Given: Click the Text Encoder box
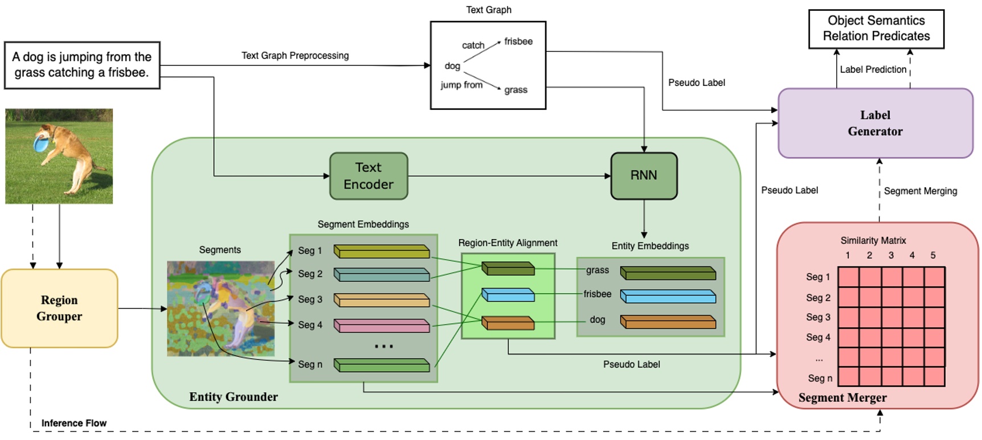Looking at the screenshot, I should pos(369,176).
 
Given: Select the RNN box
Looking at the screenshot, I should pos(644,176).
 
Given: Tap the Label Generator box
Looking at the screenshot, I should pos(875,123).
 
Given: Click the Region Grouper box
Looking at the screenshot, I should pos(59,308).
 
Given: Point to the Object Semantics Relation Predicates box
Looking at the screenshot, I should pos(876,28).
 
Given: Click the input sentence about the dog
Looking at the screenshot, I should pos(82,65).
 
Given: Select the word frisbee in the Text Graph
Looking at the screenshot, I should pos(518,42).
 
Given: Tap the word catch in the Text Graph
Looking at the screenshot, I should pos(473,46).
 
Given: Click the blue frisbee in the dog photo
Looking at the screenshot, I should pos(41,142).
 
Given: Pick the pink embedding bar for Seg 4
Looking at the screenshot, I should pos(382,326).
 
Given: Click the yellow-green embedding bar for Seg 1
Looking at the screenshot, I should pos(382,251).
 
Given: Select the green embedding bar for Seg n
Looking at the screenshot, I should pos(382,365).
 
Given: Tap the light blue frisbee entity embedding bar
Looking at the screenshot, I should pos(668,296).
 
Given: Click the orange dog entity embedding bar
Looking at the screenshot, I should pos(668,322).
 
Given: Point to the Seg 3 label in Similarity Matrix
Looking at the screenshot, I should pos(818,317).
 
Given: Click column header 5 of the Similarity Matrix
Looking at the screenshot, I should pos(933,256).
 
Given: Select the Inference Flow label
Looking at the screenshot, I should pos(74,423).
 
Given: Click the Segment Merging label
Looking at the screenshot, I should pos(920,191).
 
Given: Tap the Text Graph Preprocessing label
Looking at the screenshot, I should pos(295,56).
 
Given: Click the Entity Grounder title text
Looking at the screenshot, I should pos(234,397).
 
